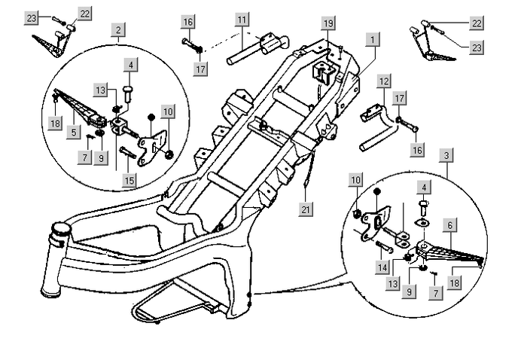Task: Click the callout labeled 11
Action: coord(241,18)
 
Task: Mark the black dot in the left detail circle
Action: coord(151,117)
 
